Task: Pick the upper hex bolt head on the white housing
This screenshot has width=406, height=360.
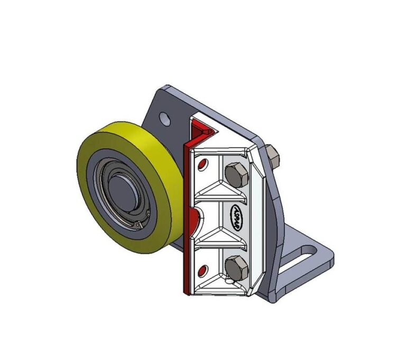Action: point(236,174)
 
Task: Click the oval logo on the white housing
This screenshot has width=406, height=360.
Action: point(236,217)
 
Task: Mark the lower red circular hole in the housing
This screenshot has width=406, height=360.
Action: point(201,271)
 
